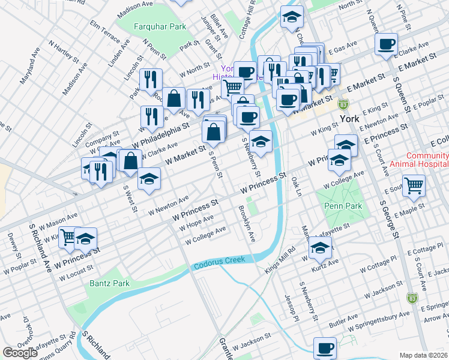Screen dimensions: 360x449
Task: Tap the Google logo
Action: pos(20,353)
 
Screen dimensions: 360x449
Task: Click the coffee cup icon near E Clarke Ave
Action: pos(387,44)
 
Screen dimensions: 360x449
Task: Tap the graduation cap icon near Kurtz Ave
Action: pos(321,247)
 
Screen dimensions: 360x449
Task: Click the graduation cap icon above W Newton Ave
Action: pos(149,179)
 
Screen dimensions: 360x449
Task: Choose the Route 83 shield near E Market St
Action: pos(343,104)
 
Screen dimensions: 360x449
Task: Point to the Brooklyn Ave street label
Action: pos(247,224)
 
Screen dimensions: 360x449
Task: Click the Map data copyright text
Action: pos(423,355)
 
